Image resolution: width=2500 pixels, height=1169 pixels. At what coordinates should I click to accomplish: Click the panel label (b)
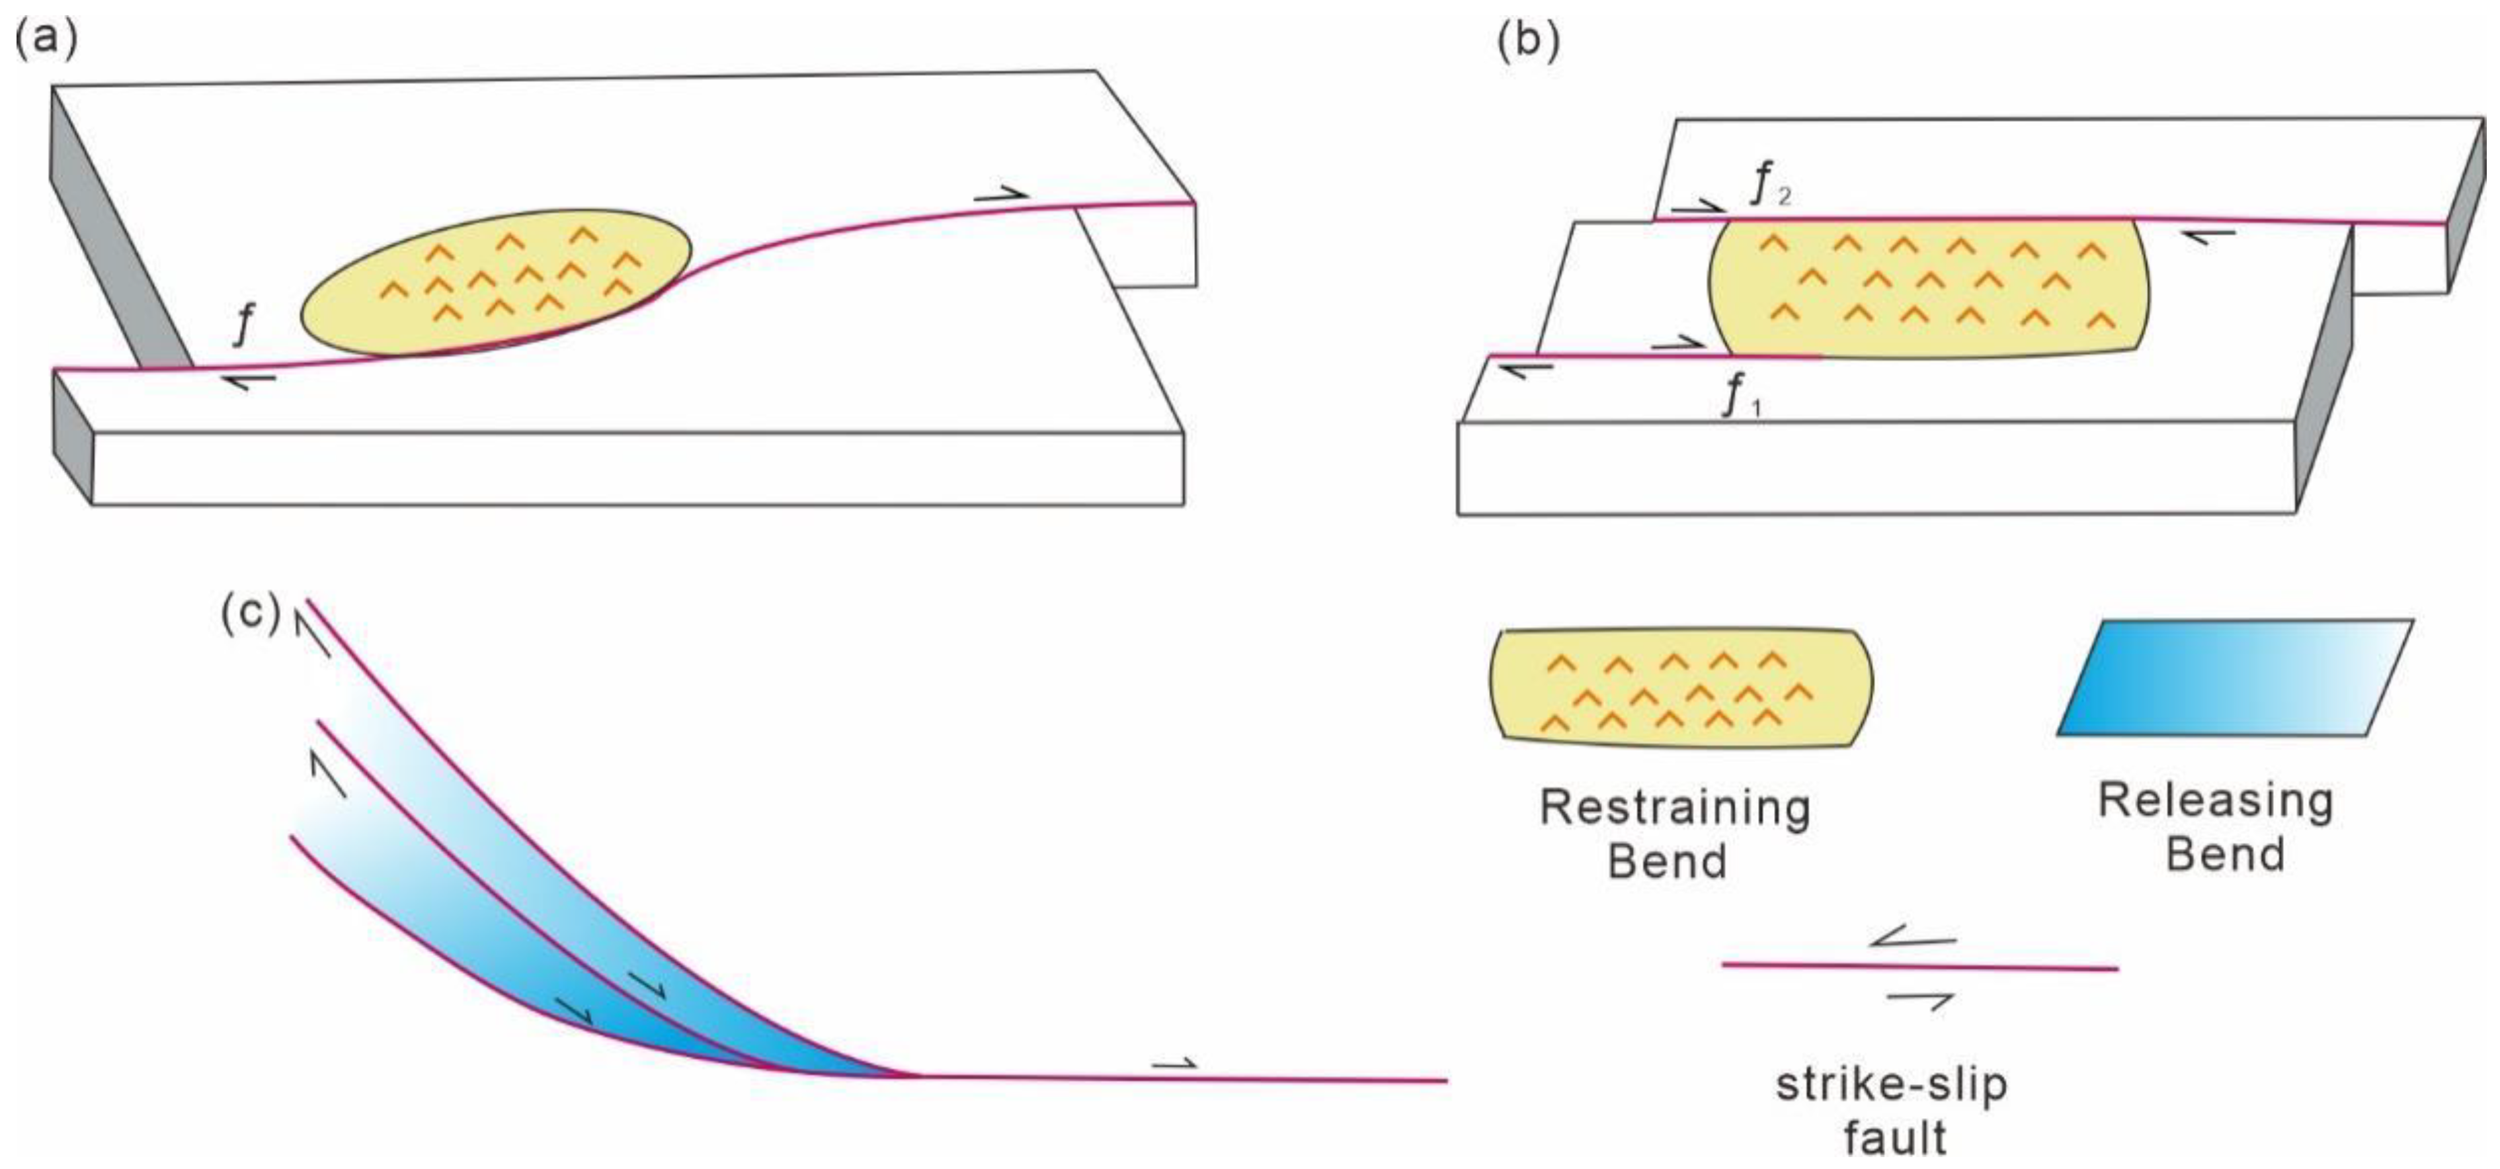[1529, 42]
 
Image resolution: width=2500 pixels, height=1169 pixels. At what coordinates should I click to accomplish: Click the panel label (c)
[251, 615]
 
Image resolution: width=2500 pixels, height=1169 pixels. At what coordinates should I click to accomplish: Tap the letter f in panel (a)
[245, 324]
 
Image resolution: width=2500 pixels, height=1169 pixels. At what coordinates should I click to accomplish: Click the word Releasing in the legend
[2214, 801]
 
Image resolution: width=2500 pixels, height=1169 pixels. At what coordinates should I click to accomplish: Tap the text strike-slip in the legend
[1890, 1084]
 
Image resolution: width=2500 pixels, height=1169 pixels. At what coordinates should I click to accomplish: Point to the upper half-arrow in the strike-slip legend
[1912, 938]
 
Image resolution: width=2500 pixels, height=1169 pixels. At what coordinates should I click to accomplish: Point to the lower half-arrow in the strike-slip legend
[1919, 999]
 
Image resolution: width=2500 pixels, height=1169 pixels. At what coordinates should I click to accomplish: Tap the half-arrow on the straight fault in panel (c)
[1174, 1064]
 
